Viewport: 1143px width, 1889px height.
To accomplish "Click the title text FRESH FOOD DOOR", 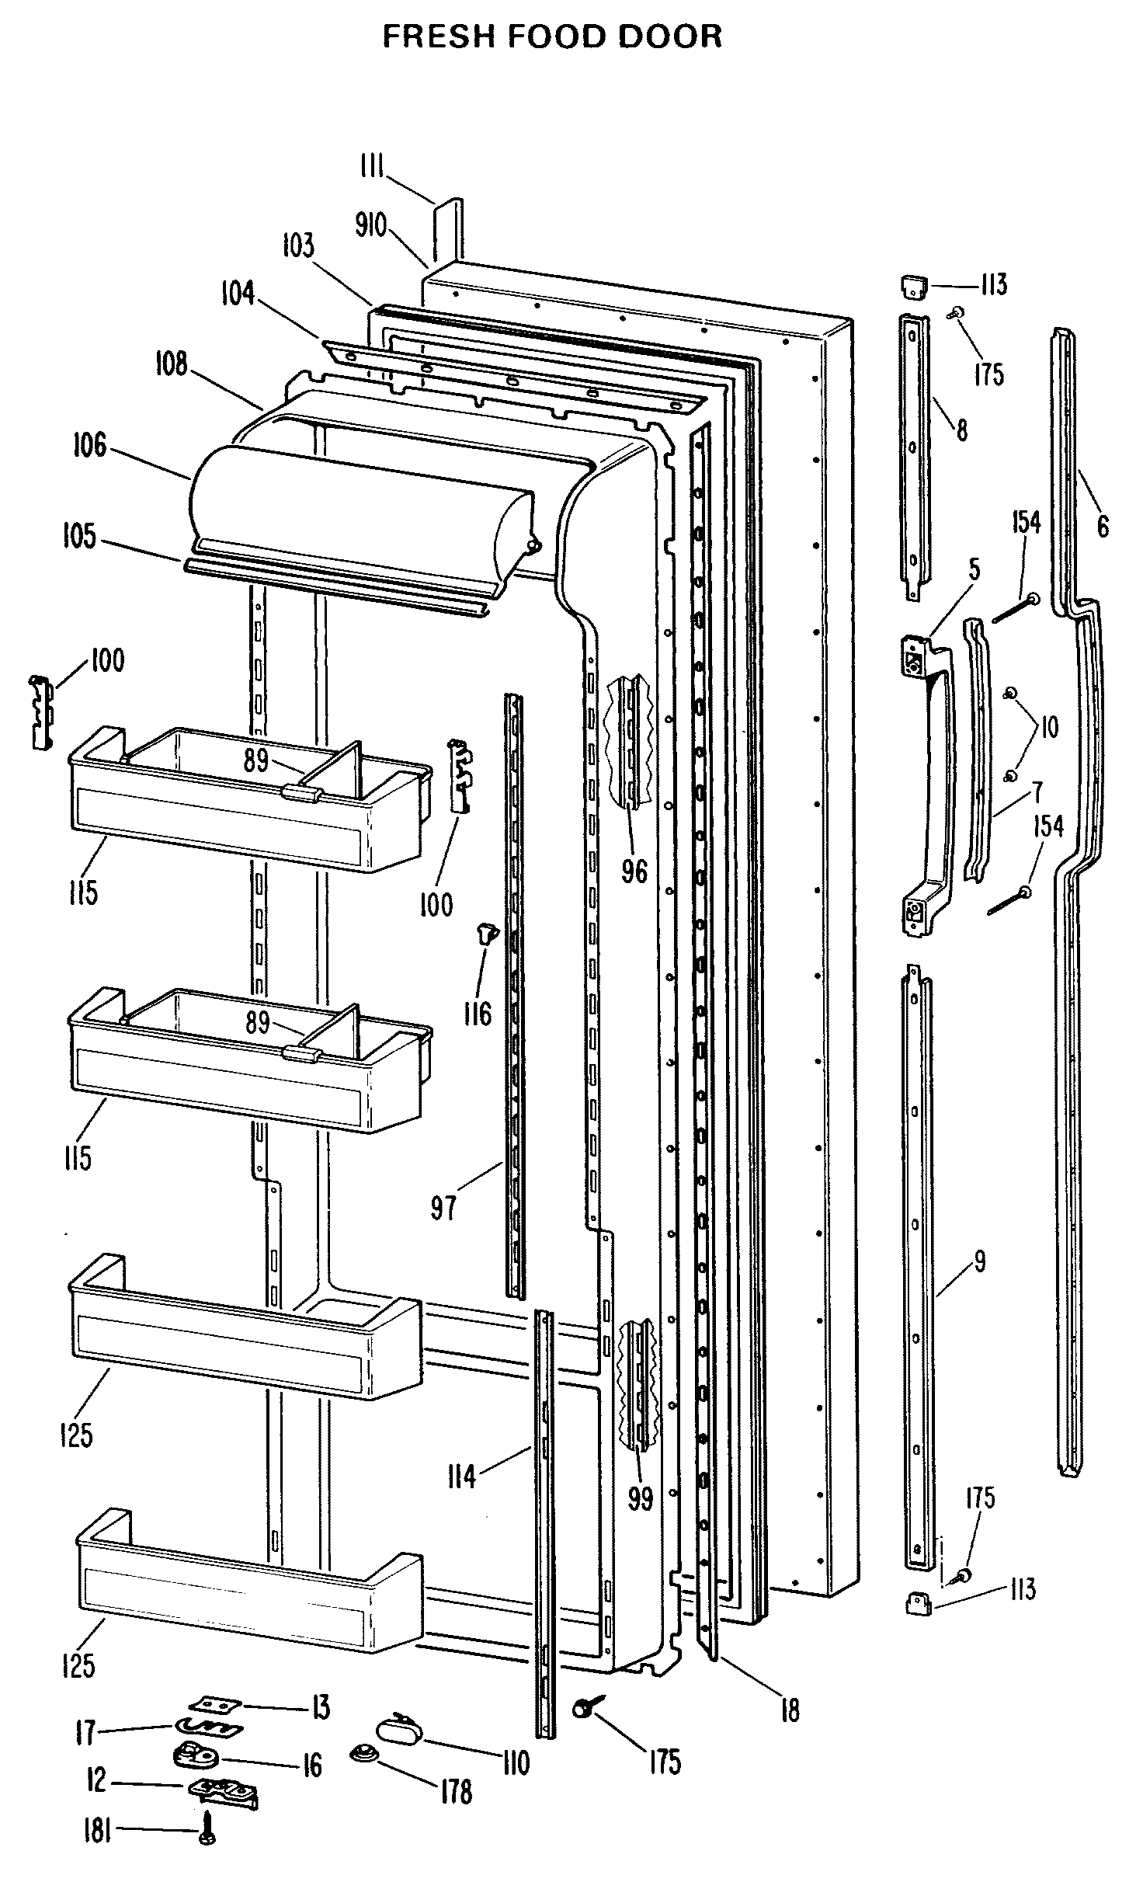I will pyautogui.click(x=552, y=37).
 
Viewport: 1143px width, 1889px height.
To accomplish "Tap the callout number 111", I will pyautogui.click(x=373, y=167).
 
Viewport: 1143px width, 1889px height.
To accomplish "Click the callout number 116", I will pyautogui.click(x=478, y=1013).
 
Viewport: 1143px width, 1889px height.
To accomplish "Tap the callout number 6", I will pyautogui.click(x=1103, y=526).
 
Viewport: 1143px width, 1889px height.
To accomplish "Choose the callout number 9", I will pyautogui.click(x=979, y=1262).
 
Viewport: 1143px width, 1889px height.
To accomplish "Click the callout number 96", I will pyautogui.click(x=634, y=871).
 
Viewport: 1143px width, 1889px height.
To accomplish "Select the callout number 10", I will pyautogui.click(x=1048, y=728).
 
